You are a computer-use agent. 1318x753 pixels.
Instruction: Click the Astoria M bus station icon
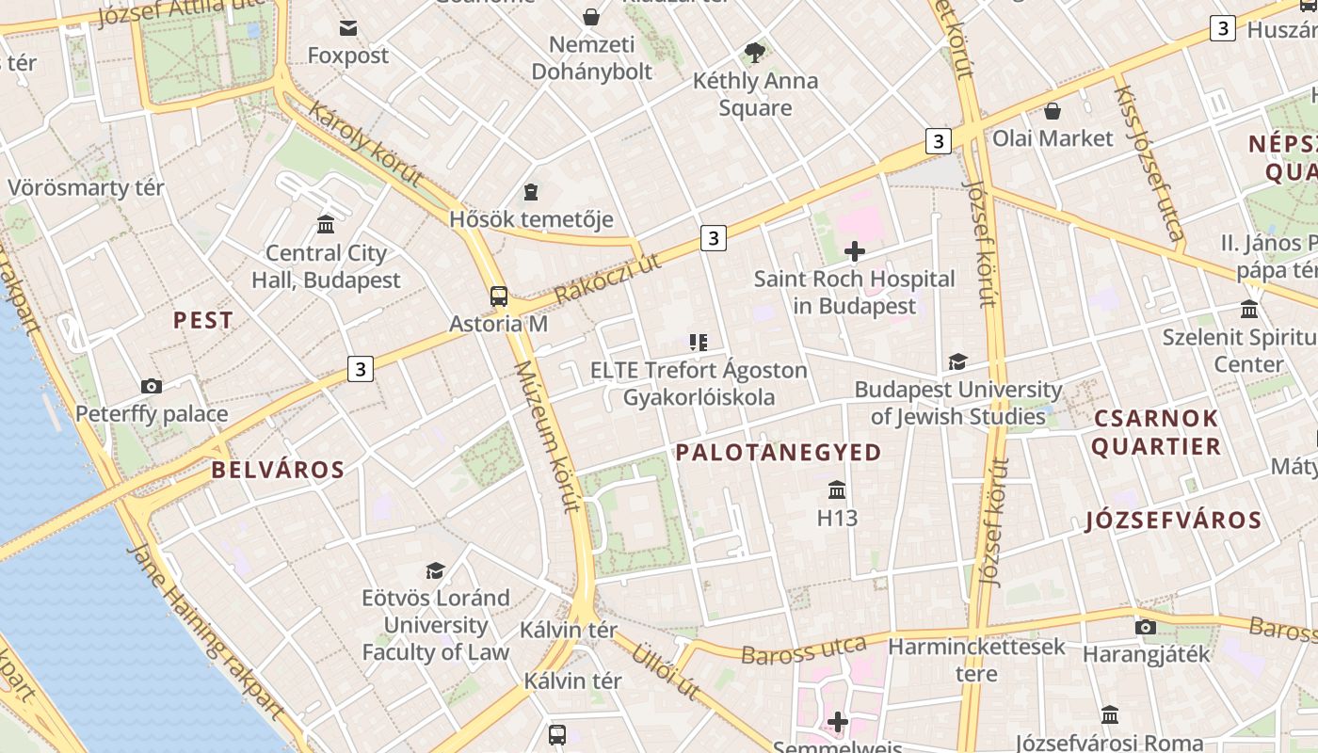499,296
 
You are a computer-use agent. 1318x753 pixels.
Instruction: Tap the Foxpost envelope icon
348,28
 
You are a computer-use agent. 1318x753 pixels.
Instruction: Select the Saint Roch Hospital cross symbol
855,251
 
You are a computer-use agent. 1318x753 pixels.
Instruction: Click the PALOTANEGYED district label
779,453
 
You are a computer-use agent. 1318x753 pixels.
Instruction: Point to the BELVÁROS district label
278,470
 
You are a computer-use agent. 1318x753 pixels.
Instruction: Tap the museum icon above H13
836,489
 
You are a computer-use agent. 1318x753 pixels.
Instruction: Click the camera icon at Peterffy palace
151,386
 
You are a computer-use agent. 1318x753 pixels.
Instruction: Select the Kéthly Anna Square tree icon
754,53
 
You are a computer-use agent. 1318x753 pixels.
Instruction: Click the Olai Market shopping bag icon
1053,111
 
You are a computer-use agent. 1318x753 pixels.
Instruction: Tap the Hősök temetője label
531,219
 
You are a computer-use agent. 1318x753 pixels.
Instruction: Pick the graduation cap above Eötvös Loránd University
435,570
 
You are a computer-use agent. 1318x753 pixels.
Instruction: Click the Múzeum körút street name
546,436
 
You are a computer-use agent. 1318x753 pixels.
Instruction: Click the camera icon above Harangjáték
1146,627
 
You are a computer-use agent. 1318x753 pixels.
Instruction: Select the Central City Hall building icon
326,224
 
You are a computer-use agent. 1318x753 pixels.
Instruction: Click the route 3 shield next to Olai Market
938,141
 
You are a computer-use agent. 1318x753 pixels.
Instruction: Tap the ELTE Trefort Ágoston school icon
698,343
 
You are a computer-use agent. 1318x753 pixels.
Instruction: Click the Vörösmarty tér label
86,187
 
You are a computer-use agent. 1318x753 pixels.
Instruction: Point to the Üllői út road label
666,671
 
